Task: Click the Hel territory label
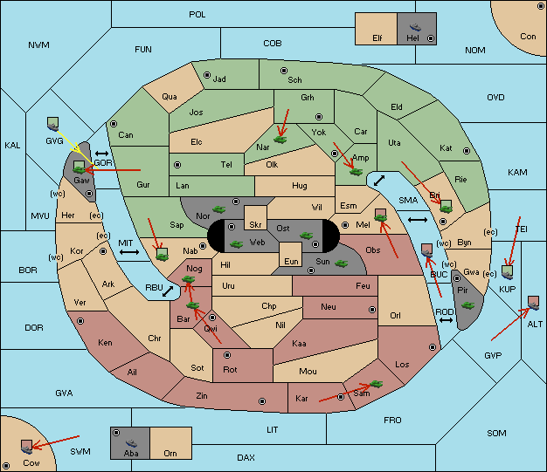coord(412,38)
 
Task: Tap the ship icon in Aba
coord(132,443)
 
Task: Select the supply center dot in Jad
coord(207,75)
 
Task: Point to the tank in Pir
coord(467,305)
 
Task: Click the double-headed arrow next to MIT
coord(129,252)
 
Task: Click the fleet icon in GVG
coord(53,124)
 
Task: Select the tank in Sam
coord(377,384)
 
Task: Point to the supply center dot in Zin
coord(262,401)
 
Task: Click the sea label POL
coord(197,15)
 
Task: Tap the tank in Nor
coord(219,209)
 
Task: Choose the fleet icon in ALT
coord(533,303)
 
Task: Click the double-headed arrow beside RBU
coord(168,291)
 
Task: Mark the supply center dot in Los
coord(433,347)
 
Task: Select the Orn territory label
coord(170,453)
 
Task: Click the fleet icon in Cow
coord(26,447)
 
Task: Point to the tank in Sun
coord(341,263)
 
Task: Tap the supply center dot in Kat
coord(467,151)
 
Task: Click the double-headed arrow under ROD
coord(446,320)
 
